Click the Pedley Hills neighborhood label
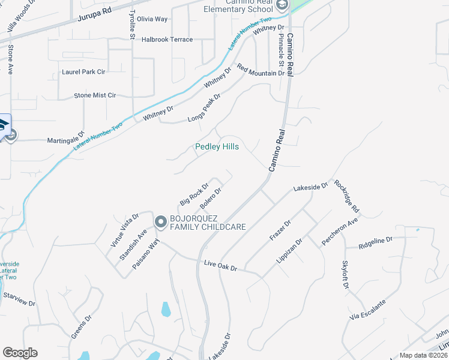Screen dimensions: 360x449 click(x=217, y=147)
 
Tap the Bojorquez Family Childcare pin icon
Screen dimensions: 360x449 click(x=160, y=222)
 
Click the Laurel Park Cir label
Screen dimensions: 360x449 click(x=83, y=72)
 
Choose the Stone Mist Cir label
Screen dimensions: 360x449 click(x=95, y=95)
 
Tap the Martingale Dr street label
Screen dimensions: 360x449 click(x=66, y=140)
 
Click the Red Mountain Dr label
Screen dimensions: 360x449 click(x=260, y=70)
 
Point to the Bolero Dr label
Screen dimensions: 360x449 click(x=211, y=199)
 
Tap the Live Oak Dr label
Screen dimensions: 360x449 click(x=221, y=265)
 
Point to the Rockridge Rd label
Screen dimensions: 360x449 click(x=347, y=196)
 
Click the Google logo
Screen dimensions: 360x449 click(x=20, y=353)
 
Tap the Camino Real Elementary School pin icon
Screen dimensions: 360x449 click(x=282, y=5)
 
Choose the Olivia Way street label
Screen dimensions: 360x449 click(x=152, y=19)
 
